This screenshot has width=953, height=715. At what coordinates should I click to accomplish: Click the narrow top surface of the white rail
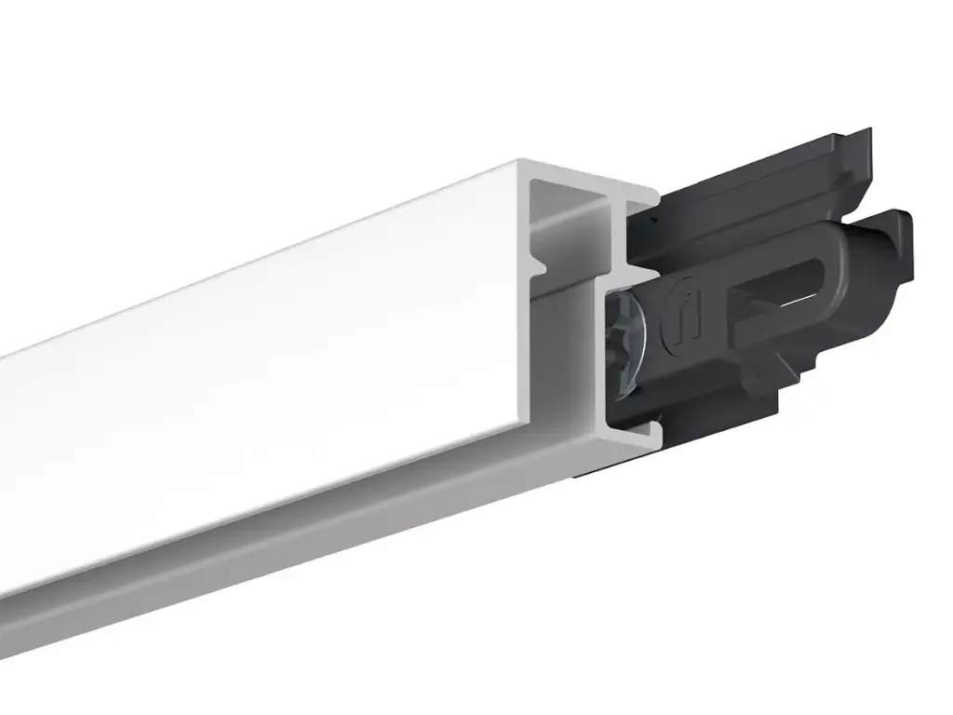279,261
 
